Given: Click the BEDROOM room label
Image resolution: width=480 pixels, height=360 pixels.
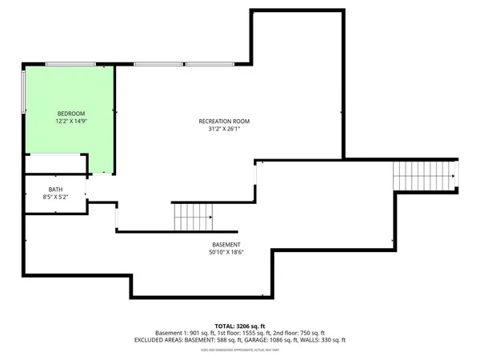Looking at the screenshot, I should pyautogui.click(x=71, y=114).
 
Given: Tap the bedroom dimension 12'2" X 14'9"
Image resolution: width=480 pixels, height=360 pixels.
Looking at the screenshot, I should pyautogui.click(x=71, y=122).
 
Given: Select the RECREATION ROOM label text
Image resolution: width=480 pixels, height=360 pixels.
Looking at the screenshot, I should pyautogui.click(x=225, y=122).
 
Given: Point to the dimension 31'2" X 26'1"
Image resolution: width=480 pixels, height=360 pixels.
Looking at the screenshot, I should pyautogui.click(x=225, y=130).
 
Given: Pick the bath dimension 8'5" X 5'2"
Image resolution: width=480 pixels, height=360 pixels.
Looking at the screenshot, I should pyautogui.click(x=55, y=196).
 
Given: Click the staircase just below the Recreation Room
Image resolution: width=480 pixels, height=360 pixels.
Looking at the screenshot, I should pyautogui.click(x=193, y=216).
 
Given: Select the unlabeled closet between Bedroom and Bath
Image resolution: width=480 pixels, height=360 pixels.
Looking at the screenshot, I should pyautogui.click(x=56, y=165).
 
